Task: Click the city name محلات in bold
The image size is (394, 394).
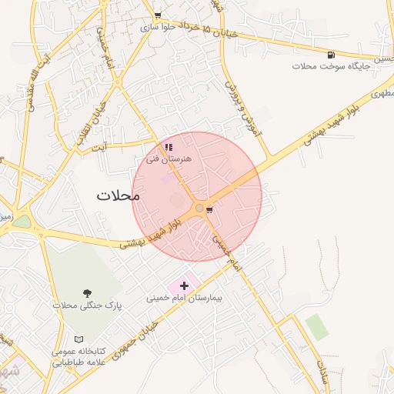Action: click(119, 195)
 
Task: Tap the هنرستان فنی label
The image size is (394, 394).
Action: click(169, 158)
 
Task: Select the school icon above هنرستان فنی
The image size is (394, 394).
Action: click(169, 146)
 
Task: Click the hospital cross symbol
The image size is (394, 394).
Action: click(184, 285)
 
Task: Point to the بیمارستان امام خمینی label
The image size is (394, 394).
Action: click(184, 297)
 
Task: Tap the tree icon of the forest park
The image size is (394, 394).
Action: click(88, 292)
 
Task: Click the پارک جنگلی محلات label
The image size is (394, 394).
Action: click(88, 306)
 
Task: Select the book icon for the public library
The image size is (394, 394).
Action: click(78, 339)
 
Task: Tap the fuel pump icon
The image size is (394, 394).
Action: click(331, 55)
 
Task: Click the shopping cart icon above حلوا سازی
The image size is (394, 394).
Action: click(158, 15)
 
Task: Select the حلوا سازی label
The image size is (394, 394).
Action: click(158, 26)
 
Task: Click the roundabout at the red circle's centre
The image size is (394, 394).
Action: click(199, 208)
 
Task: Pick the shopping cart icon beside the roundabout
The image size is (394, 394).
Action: click(209, 209)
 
